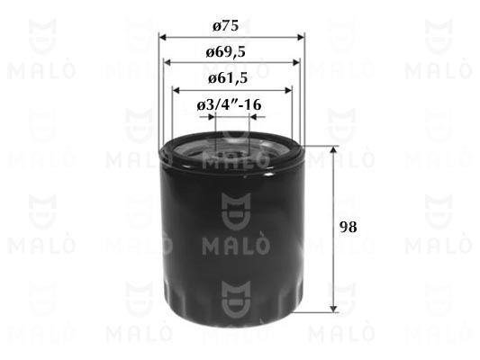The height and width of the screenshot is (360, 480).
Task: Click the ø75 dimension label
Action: [x=226, y=26]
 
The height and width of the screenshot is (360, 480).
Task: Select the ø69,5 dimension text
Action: [x=226, y=52]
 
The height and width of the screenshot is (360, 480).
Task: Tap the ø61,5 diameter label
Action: [x=228, y=78]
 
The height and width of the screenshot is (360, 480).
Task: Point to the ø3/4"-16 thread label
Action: [x=229, y=105]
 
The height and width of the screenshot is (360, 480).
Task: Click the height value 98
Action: [x=348, y=228]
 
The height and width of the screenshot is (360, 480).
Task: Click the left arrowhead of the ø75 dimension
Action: [x=162, y=37]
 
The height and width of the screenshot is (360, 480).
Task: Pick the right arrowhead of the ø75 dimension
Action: [x=301, y=37]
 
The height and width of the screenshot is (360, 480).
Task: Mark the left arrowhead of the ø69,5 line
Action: [x=168, y=63]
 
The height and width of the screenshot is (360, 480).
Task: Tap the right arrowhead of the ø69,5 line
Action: [x=296, y=63]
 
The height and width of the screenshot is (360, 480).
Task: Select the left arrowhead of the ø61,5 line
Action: [x=176, y=90]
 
